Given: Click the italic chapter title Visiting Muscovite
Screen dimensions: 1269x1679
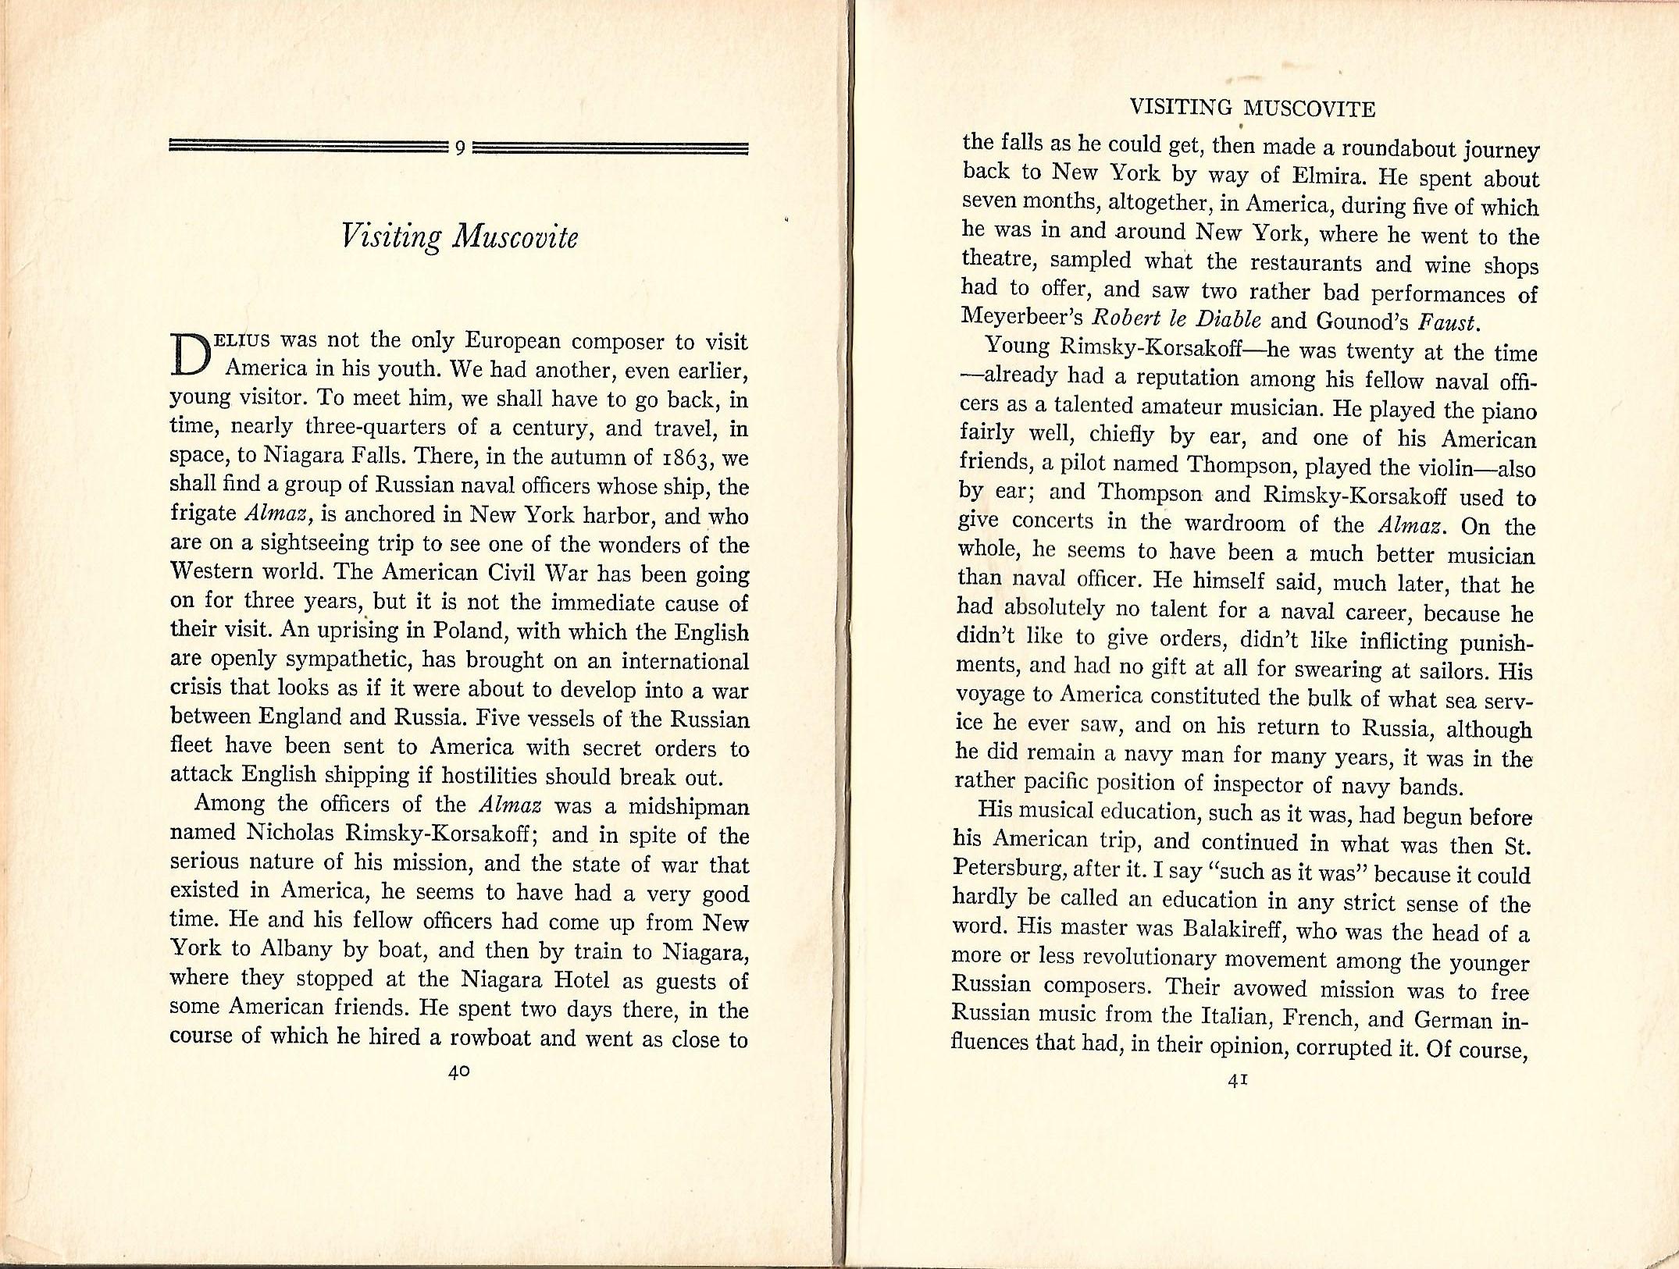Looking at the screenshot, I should pos(460,236).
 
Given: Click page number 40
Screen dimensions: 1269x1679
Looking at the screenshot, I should pos(459,1072).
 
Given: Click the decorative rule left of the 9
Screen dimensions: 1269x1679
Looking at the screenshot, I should pos(308,147).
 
